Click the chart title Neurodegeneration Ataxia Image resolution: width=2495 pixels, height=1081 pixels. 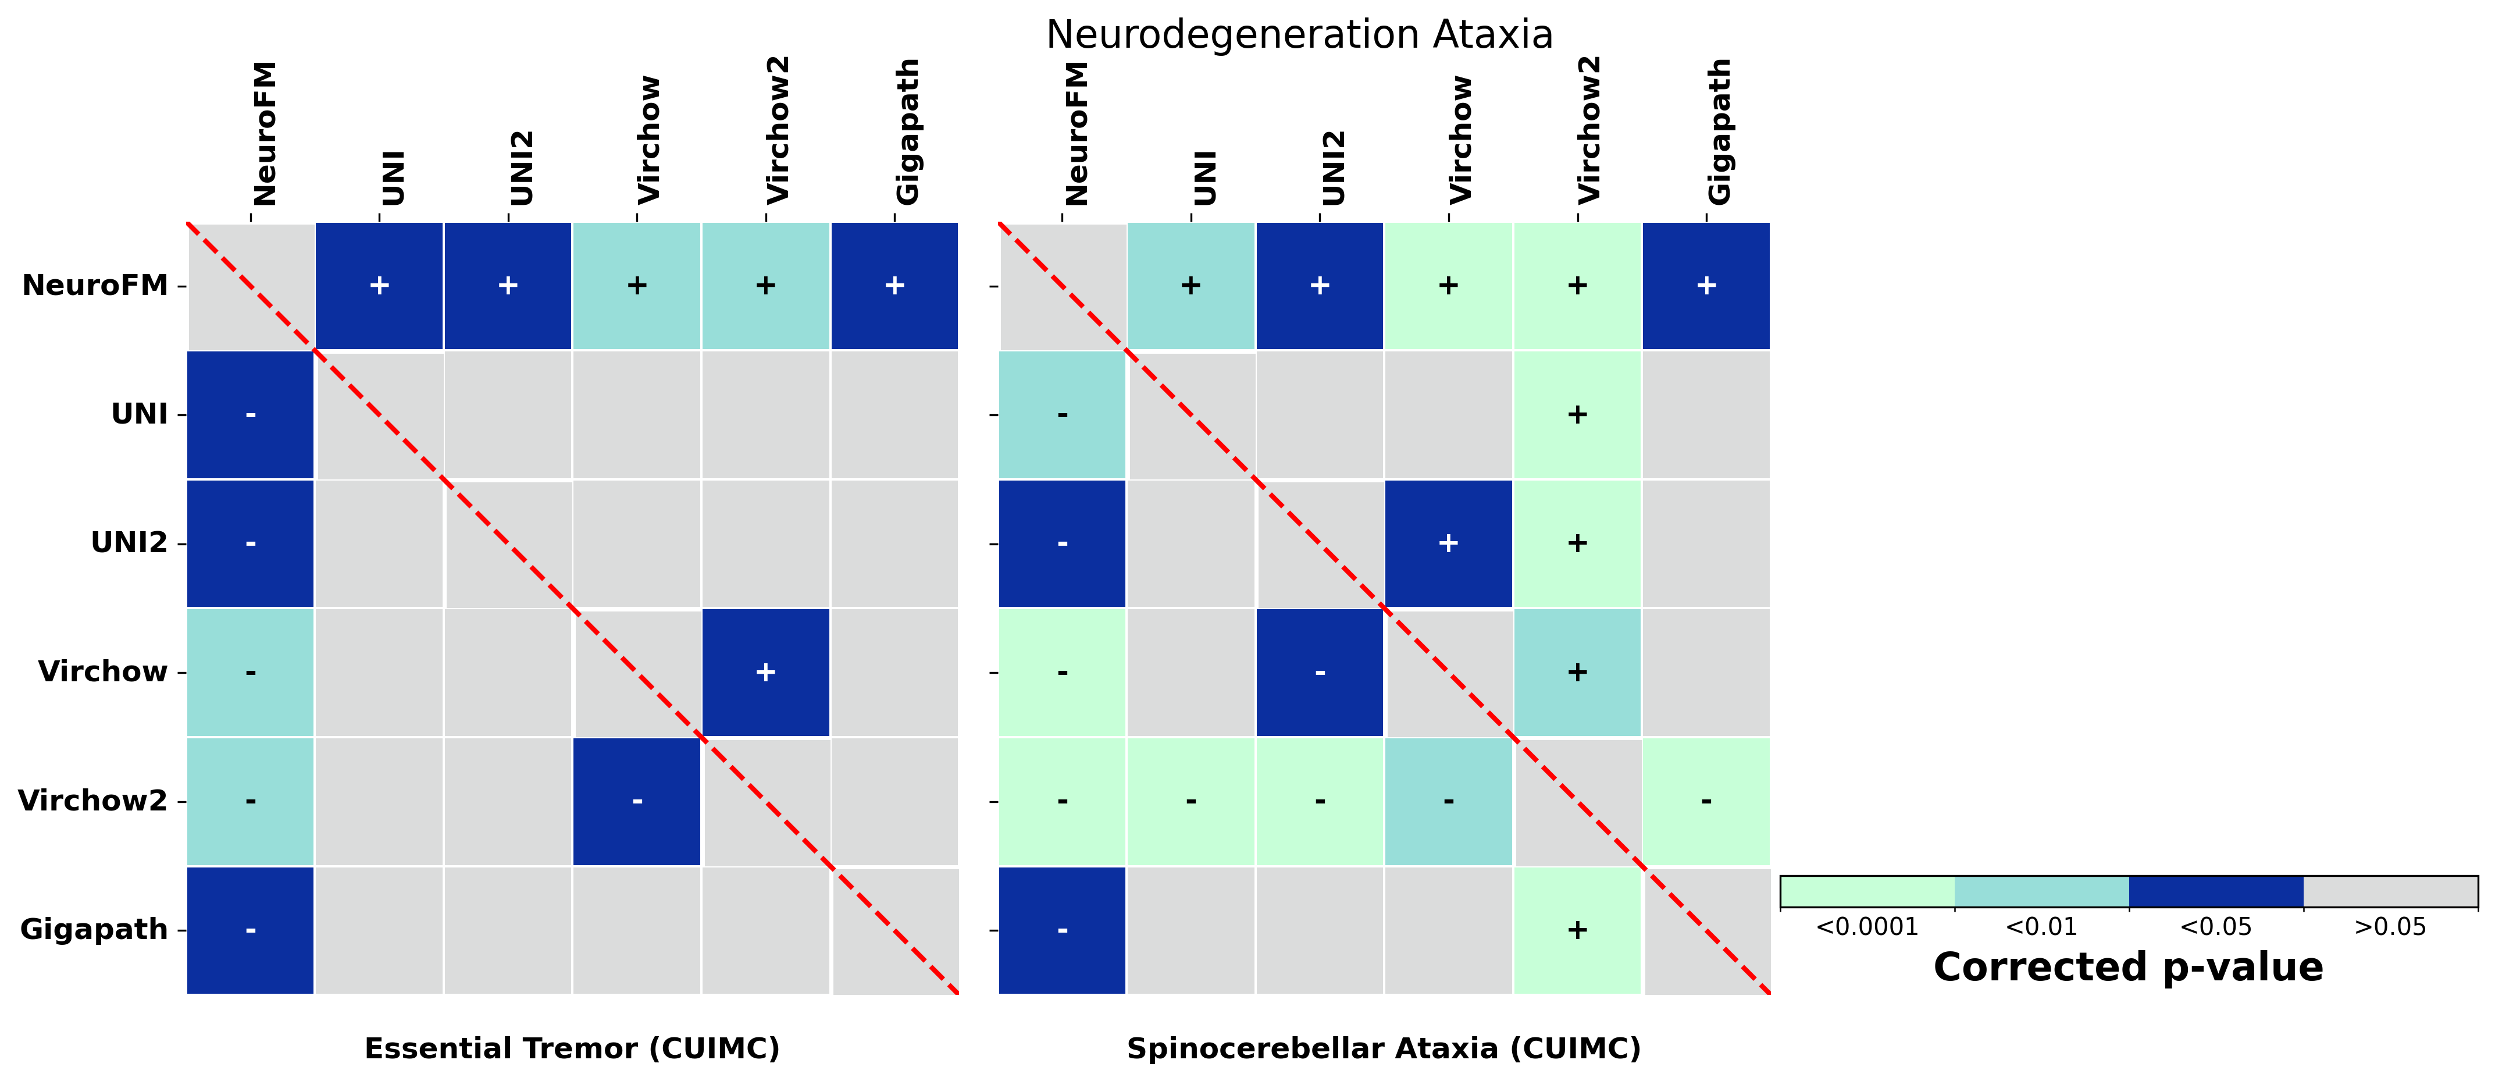click(x=1299, y=35)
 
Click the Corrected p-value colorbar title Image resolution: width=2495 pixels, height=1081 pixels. click(x=2128, y=968)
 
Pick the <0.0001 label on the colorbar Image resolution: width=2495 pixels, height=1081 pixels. click(x=1866, y=927)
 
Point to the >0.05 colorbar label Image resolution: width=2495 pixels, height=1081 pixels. click(x=2389, y=927)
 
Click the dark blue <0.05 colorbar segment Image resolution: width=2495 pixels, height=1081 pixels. click(x=2215, y=891)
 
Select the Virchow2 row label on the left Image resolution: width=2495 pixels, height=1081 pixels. click(x=93, y=801)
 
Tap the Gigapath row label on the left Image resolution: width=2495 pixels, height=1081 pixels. click(x=94, y=930)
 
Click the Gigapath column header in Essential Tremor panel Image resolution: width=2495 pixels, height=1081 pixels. click(x=907, y=131)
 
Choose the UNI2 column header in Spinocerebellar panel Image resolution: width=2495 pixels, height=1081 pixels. click(x=1333, y=166)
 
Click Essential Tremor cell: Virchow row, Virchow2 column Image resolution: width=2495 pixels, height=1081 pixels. click(x=765, y=672)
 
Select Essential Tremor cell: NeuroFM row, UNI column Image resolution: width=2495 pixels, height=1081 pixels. click(x=380, y=286)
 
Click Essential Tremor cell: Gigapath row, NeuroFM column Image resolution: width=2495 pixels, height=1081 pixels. click(x=250, y=930)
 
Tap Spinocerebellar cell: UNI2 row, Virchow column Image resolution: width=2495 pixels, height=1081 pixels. click(x=1448, y=543)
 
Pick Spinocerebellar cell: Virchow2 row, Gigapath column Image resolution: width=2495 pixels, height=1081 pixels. click(x=1706, y=801)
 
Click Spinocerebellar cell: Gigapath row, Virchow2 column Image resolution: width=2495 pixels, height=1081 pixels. click(x=1577, y=930)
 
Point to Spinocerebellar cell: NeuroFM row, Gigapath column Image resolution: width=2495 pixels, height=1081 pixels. click(x=1706, y=286)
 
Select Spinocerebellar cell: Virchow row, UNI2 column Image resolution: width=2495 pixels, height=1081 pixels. click(x=1319, y=672)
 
